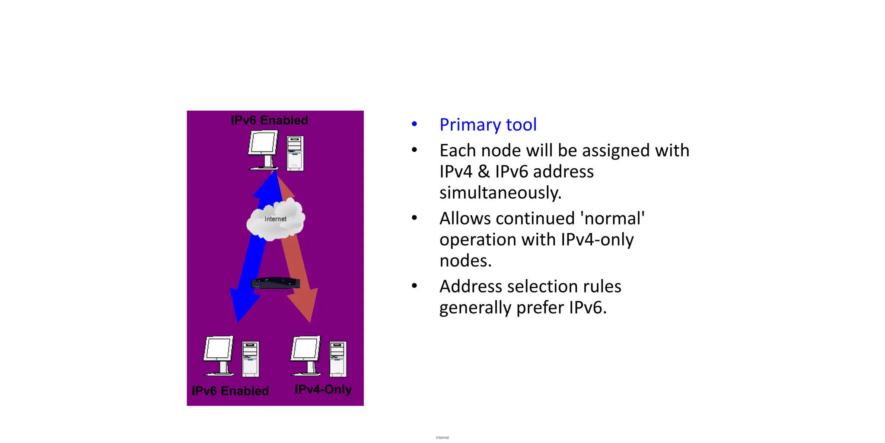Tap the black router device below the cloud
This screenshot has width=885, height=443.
tap(276, 283)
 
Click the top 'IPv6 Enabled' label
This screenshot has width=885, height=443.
tap(269, 120)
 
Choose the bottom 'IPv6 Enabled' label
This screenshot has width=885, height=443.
tap(230, 391)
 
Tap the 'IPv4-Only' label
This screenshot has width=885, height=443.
tap(323, 389)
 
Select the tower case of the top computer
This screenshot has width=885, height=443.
tap(295, 153)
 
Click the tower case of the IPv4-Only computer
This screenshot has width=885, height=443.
tap(338, 359)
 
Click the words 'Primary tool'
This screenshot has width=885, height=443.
tap(488, 125)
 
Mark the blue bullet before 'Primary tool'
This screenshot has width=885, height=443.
tap(414, 125)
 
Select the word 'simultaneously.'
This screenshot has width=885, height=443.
tap(500, 193)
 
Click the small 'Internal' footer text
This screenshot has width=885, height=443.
tap(442, 437)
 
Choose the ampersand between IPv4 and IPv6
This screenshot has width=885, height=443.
tap(484, 172)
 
